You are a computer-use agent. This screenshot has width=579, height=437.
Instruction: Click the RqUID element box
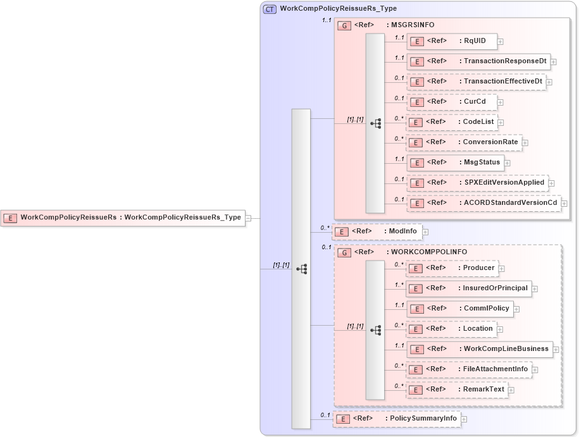pyautogui.click(x=451, y=41)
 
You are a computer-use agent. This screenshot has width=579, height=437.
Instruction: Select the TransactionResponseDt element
pyautogui.click(x=478, y=61)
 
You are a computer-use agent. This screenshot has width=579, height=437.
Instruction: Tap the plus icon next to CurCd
pyautogui.click(x=501, y=102)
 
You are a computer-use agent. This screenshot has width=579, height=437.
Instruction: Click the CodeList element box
pyautogui.click(x=451, y=122)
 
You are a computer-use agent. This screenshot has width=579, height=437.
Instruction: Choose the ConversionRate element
pyautogui.click(x=464, y=142)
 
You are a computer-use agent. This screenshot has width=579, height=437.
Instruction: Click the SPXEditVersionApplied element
pyautogui.click(x=477, y=183)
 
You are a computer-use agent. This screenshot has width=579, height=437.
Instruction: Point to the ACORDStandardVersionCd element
pyautogui.click(x=483, y=203)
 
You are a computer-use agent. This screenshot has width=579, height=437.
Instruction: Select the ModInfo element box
pyautogui.click(x=377, y=231)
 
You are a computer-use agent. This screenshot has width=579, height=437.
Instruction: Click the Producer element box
pyautogui.click(x=451, y=268)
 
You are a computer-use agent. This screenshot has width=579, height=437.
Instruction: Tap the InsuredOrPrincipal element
pyautogui.click(x=468, y=288)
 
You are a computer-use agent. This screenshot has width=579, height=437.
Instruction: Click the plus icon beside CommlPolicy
pyautogui.click(x=516, y=309)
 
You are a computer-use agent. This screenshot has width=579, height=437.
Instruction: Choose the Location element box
pyautogui.click(x=451, y=329)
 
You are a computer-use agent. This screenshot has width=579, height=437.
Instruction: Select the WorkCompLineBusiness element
pyautogui.click(x=479, y=349)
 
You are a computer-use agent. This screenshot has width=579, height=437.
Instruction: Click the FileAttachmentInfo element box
pyautogui.click(x=468, y=369)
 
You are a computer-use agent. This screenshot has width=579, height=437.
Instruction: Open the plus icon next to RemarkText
pyautogui.click(x=511, y=390)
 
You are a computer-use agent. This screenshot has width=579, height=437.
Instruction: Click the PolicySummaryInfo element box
pyautogui.click(x=397, y=419)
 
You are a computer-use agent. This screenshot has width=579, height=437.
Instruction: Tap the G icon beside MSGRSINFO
pyautogui.click(x=344, y=25)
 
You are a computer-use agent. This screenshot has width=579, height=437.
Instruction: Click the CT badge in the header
pyautogui.click(x=270, y=9)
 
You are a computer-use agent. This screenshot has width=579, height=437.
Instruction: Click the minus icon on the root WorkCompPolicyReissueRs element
pyautogui.click(x=248, y=218)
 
